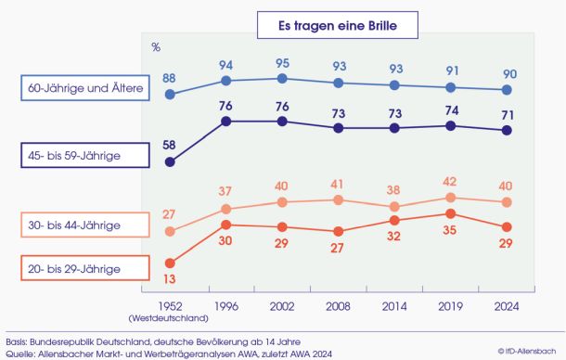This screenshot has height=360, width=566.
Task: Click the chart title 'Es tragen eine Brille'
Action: click(338, 25)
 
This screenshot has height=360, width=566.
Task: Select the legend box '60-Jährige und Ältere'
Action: click(85, 88)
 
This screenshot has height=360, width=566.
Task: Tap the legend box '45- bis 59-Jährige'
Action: click(85, 155)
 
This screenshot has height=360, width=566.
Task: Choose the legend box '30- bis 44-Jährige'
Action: click(85, 225)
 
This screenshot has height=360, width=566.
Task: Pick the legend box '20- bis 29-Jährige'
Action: click(85, 268)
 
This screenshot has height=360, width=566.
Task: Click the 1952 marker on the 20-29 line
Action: click(170, 264)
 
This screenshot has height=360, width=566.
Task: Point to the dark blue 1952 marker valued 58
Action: click(170, 162)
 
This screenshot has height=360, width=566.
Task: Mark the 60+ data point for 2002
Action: click(282, 78)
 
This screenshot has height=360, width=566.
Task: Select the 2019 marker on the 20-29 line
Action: click(451, 213)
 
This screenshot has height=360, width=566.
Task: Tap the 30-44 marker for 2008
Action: click(339, 200)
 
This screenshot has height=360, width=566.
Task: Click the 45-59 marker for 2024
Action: click(507, 130)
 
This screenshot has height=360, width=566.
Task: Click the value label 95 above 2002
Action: click(282, 63)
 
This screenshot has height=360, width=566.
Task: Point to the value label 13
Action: click(169, 278)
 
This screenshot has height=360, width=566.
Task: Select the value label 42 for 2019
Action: click(450, 181)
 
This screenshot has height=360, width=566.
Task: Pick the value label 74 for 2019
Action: click(452, 110)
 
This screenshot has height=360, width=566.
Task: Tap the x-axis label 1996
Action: click(226, 306)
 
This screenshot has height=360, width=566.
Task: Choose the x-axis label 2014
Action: click(394, 306)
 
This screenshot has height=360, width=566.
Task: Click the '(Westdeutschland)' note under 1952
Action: click(169, 318)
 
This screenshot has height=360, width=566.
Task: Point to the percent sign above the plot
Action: click(156, 47)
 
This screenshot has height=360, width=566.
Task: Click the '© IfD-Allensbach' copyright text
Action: click(527, 351)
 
